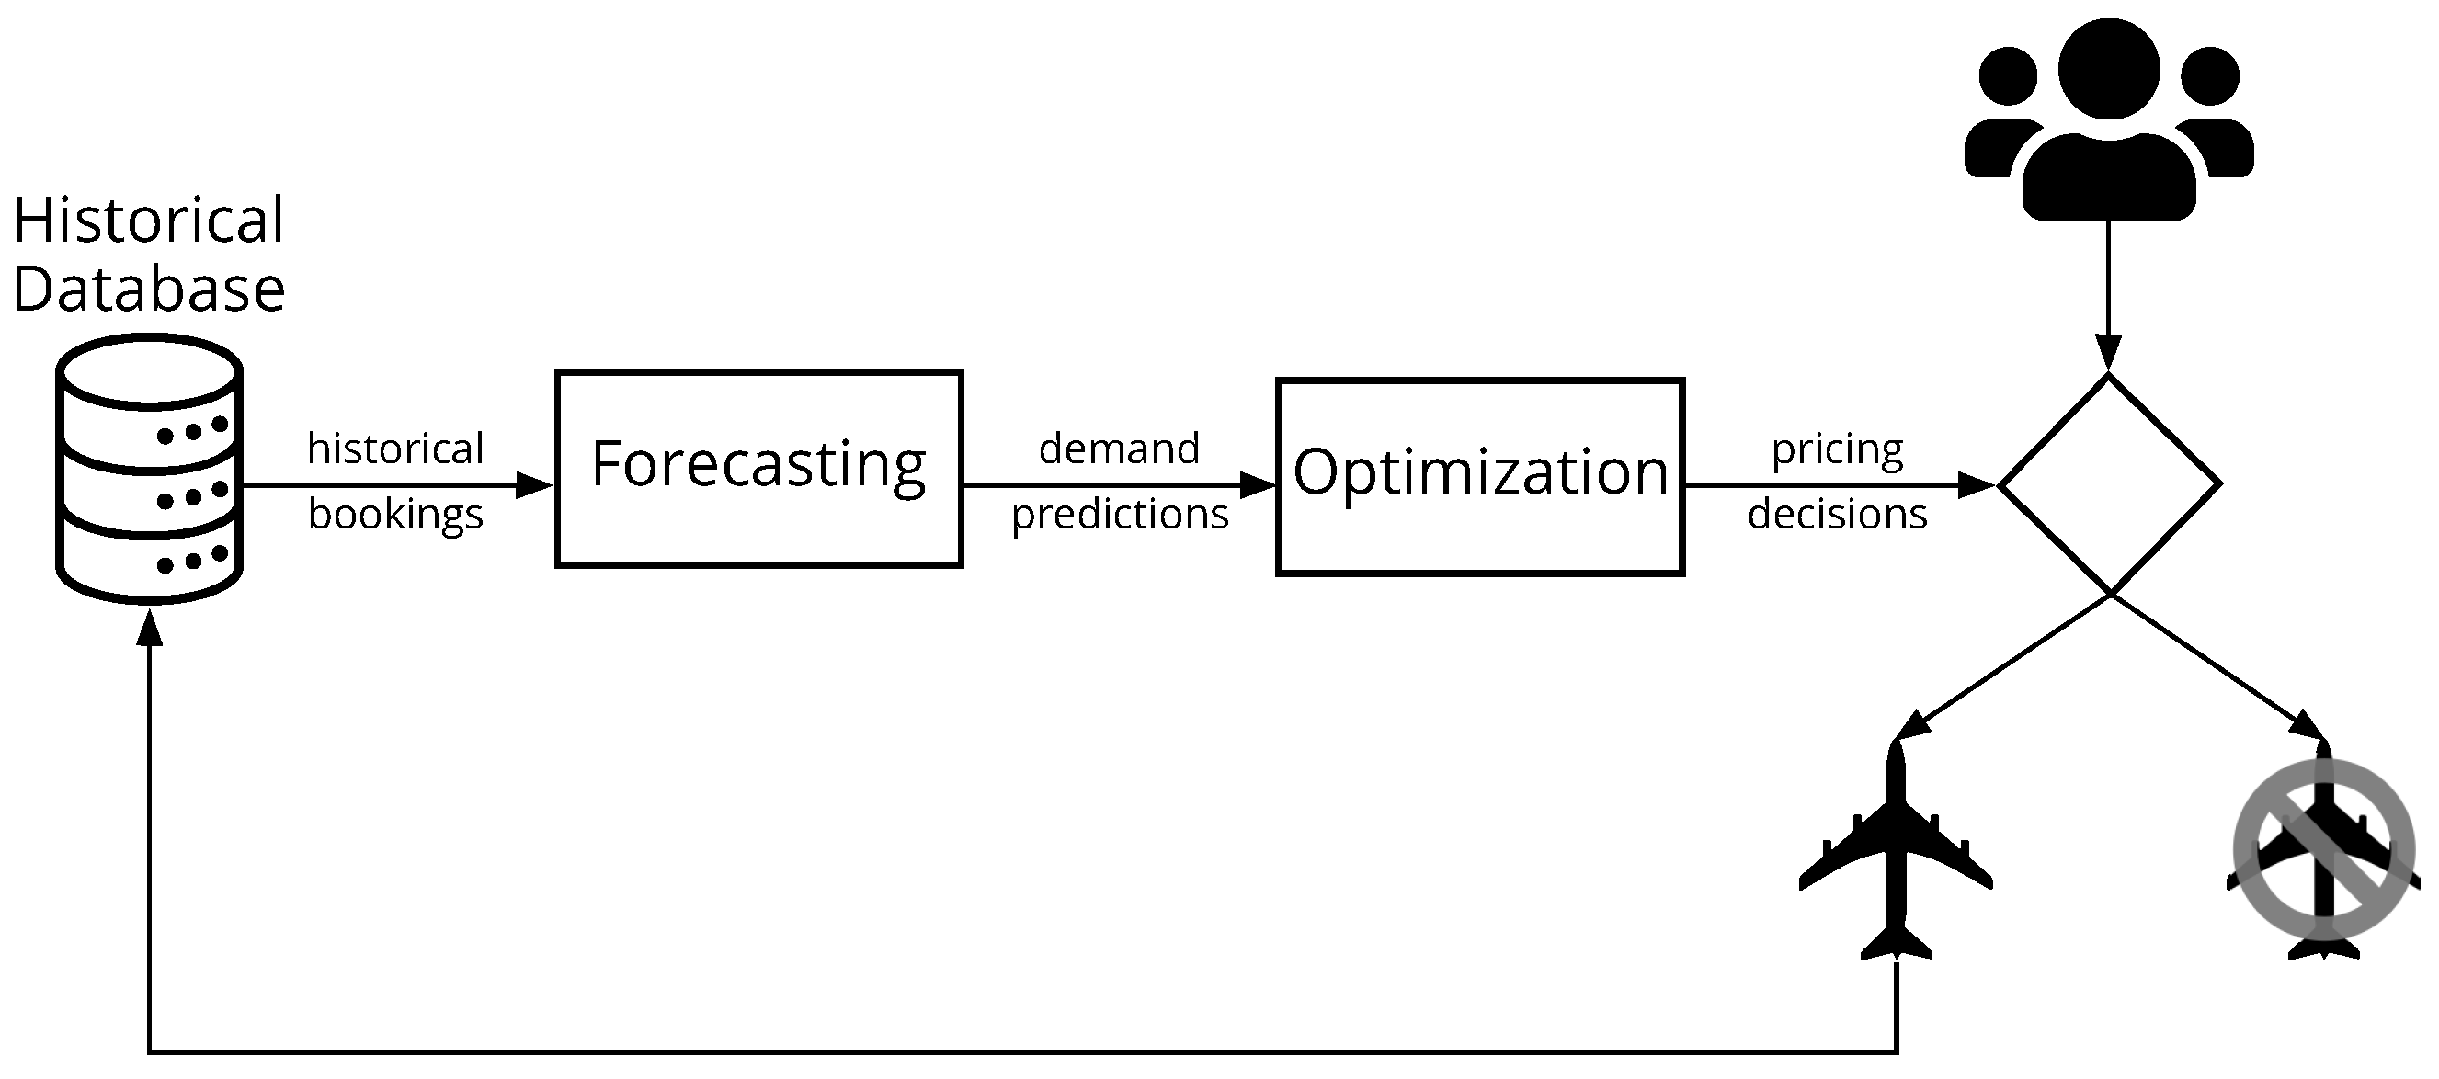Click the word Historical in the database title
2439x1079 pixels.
click(149, 220)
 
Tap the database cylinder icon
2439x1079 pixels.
click(150, 469)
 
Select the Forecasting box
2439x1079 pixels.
click(759, 470)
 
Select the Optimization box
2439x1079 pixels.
click(1480, 476)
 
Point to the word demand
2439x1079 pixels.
click(1119, 449)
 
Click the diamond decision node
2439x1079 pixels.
click(2109, 484)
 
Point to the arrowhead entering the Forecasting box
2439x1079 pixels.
click(535, 485)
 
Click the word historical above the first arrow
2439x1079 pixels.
click(395, 449)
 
